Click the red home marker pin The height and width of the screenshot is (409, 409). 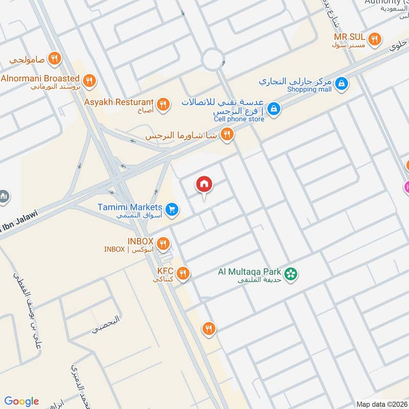coord(204,184)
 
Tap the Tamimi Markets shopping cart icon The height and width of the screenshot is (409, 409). coord(171,209)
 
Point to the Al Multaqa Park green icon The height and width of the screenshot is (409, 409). coord(291,274)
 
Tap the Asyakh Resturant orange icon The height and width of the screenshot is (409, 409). coord(163,105)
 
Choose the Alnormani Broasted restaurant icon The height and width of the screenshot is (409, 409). coord(89,80)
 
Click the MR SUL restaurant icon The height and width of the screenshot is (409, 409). coord(375,39)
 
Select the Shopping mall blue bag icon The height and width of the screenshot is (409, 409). coord(342,82)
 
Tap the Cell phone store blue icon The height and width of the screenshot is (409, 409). coord(274,108)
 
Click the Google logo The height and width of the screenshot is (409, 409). coord(21,401)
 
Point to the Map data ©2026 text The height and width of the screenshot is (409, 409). coord(381,404)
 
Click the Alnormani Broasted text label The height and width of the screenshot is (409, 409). coord(40,78)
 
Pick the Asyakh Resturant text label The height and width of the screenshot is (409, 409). coord(119,102)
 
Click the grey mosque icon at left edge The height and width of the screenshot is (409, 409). coord(4,196)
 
